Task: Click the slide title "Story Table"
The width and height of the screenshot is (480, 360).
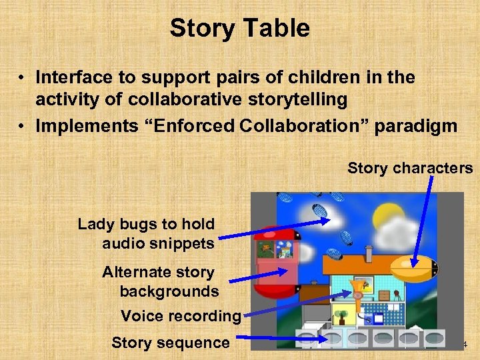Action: pos(239,29)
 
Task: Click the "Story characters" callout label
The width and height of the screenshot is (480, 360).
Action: pos(409,168)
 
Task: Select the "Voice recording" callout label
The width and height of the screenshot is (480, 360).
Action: pos(180,315)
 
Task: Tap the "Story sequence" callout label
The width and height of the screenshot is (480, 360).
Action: pos(170,343)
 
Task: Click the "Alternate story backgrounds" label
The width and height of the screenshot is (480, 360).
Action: pos(160,281)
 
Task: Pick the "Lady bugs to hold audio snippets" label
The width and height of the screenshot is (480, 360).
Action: pos(147,233)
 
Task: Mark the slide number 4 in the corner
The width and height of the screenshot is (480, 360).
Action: pos(465,344)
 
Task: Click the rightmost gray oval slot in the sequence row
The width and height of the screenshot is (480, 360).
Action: pos(435,337)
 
